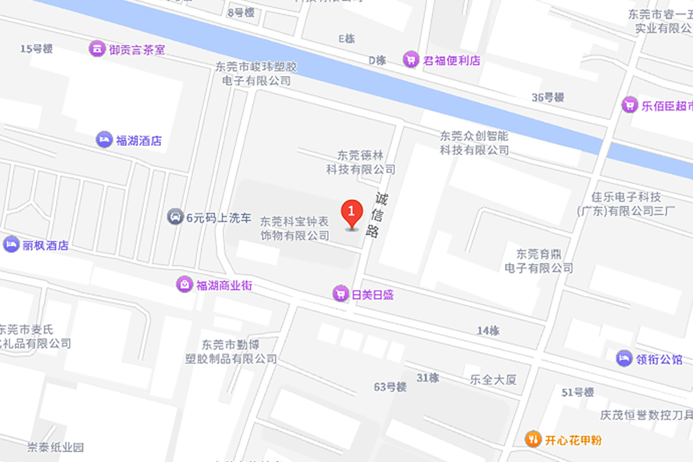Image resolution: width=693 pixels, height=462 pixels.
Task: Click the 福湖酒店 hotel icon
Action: pos(104,140)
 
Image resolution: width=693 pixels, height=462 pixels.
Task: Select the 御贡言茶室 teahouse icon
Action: pos(97,49)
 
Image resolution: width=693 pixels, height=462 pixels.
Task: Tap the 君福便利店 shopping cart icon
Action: pos(411,60)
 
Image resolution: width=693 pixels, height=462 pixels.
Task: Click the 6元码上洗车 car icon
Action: pos(175,217)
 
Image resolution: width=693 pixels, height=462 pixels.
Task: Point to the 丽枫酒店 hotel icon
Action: pos(11,245)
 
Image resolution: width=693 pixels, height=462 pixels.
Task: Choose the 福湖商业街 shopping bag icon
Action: pos(184,284)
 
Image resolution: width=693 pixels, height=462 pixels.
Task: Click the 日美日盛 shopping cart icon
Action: pos(340,294)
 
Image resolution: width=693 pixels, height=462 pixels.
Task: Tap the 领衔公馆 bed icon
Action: pos(624,359)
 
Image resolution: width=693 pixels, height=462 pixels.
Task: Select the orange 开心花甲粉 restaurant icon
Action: pos(533,439)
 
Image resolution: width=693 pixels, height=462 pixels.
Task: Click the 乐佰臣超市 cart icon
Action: pos(629,105)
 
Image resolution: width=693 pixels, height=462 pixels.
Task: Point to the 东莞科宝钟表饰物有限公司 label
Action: pos(295,228)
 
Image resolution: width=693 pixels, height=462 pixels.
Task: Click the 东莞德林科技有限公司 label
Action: pos(361,162)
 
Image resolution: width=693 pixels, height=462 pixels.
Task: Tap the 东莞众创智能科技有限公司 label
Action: pos(474,143)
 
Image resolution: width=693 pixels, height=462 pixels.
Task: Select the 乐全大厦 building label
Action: pos(493,380)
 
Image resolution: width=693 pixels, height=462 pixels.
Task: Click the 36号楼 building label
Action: pos(548,97)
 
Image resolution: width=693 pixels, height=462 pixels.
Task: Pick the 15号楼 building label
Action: pos(36,49)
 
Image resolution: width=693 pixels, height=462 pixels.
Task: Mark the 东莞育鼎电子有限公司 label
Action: pos(538,261)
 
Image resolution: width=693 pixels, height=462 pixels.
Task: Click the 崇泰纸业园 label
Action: pos(55,447)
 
